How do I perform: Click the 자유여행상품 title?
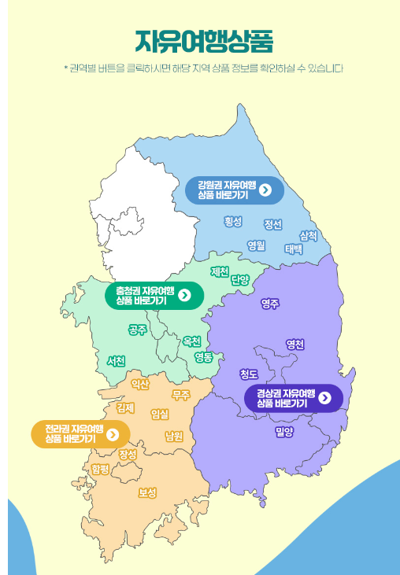[204, 40]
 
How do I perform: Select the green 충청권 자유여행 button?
[154, 295]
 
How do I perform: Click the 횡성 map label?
[232, 221]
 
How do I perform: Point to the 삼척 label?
[308, 235]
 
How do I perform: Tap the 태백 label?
[294, 249]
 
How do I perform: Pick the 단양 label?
[240, 279]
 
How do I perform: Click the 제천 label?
[220, 271]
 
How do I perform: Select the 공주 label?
[137, 329]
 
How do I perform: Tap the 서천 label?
[116, 360]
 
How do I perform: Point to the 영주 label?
[270, 303]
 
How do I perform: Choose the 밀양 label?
[284, 431]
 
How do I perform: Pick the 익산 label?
[140, 384]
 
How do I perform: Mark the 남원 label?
[174, 435]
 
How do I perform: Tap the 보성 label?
[147, 492]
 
